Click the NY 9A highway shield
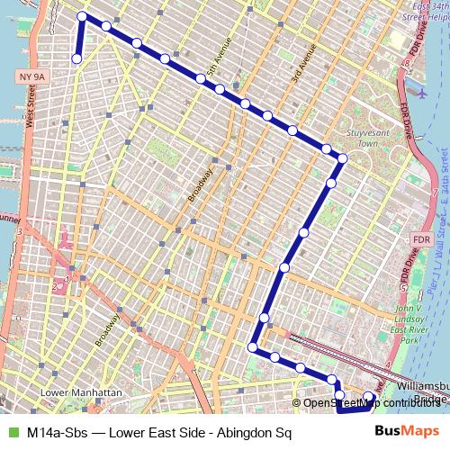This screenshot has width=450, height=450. point(29,78)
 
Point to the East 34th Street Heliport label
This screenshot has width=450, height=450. point(426,17)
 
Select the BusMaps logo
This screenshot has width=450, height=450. point(407,431)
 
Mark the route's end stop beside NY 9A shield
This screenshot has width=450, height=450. point(76,58)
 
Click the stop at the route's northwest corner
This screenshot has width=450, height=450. point(82,16)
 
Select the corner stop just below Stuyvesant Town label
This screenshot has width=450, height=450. point(342,158)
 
